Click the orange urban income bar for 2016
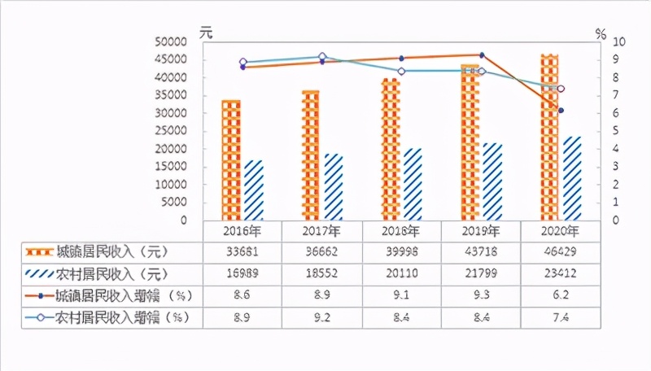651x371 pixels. click(231, 159)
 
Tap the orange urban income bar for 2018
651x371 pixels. click(391, 149)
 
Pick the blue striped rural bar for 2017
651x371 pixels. click(334, 186)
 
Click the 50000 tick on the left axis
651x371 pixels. click(172, 41)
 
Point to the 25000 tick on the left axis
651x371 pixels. click(172, 131)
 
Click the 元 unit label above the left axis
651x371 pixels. click(207, 33)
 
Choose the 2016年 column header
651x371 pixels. click(242, 230)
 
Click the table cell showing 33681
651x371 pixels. click(242, 251)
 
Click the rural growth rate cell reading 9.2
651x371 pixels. click(322, 316)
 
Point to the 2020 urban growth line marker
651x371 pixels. click(561, 110)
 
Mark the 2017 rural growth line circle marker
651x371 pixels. click(322, 57)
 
